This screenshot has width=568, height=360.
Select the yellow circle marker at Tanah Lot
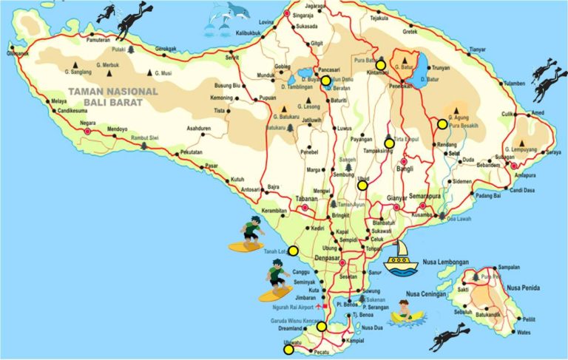pos(293,251)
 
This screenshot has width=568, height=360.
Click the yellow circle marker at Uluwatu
pos(288,350)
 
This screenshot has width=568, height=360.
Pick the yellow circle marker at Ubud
pos(362,186)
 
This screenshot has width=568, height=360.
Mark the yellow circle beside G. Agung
pos(442,124)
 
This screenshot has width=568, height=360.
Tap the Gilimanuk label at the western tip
pos(18,53)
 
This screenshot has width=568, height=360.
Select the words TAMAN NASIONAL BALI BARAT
pos(112,97)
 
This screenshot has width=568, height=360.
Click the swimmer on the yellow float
pos(406,311)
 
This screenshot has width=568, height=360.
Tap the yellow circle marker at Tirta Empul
pos(389,143)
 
